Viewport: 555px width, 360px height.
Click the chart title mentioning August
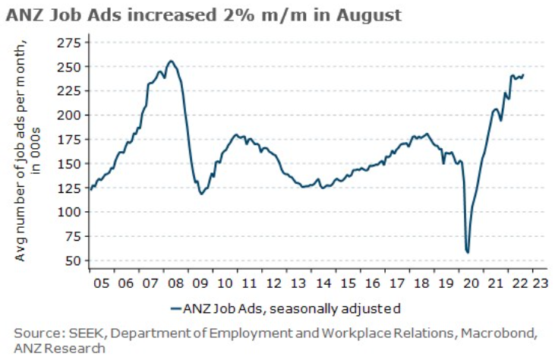tap(203, 14)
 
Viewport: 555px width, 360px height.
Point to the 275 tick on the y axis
tap(69, 44)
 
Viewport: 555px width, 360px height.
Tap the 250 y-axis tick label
tap(69, 67)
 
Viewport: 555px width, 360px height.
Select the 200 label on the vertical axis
tap(69, 115)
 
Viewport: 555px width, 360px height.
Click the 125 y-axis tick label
tap(69, 188)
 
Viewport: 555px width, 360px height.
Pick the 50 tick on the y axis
tap(72, 261)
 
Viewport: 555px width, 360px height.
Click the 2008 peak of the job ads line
tap(171, 61)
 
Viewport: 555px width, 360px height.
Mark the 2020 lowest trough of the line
tap(468, 252)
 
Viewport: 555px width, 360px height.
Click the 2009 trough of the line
tap(201, 194)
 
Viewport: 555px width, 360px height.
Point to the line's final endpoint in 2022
tap(524, 74)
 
